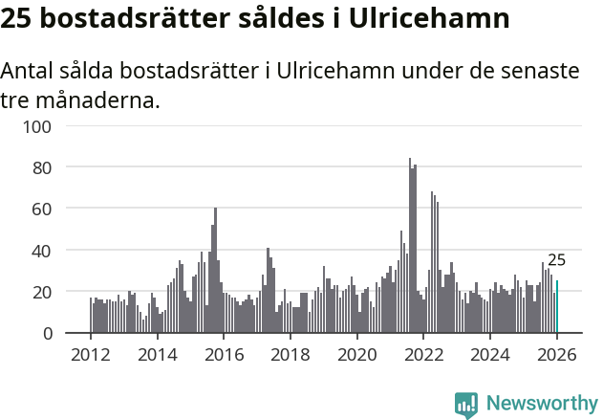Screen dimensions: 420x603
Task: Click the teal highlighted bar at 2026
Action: coord(557,307)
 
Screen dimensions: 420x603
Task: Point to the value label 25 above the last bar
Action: coord(556,260)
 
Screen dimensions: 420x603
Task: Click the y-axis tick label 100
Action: coord(50,125)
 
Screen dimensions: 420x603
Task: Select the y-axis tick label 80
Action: coord(54,167)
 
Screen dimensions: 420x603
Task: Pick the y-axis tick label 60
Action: coord(54,209)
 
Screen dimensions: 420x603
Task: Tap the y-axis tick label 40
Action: coord(54,251)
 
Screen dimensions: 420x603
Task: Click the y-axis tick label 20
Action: coord(54,292)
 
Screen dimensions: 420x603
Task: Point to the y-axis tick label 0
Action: coord(58,333)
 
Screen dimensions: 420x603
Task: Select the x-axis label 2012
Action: coord(91,355)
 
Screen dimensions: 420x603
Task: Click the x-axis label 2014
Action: coord(158,355)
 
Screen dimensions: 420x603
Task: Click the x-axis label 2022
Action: coord(423,355)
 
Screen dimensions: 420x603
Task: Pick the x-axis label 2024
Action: coord(490,355)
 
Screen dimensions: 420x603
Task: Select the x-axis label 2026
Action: coord(557,355)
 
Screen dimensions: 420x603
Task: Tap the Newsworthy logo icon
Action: coord(466,405)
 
